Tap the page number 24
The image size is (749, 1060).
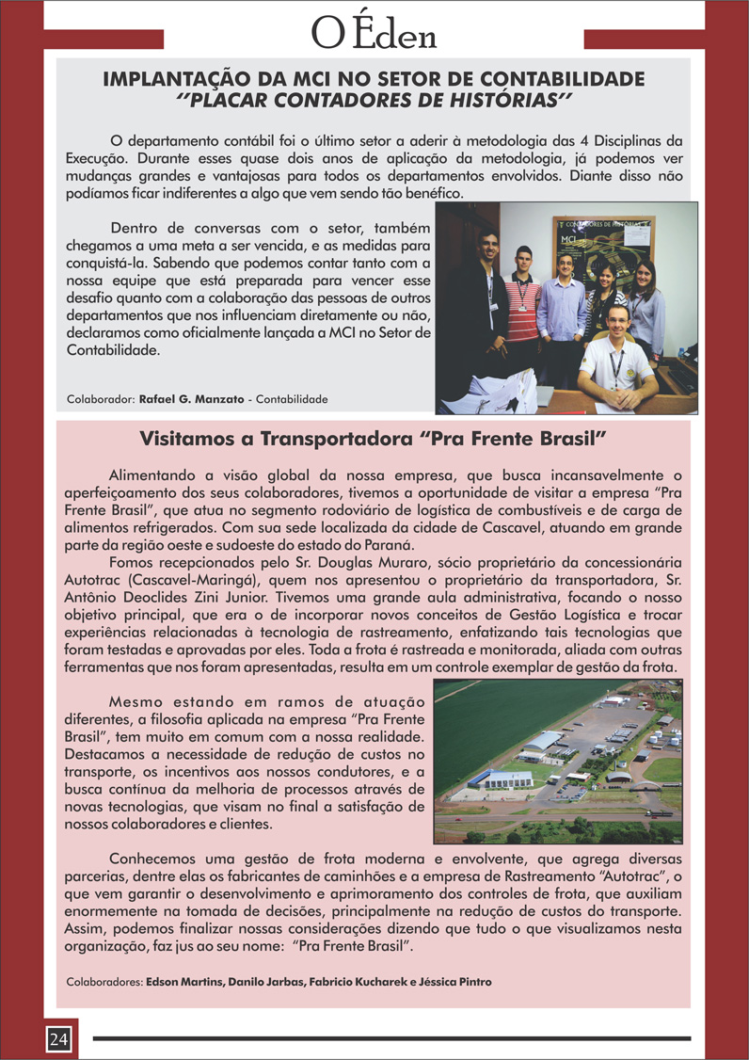(x=58, y=1038)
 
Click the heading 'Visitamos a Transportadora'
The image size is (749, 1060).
(x=373, y=439)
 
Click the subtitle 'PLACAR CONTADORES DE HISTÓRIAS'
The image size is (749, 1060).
(x=374, y=98)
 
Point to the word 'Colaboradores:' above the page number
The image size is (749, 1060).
(x=104, y=982)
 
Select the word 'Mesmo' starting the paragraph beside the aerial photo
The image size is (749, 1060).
(x=137, y=701)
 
